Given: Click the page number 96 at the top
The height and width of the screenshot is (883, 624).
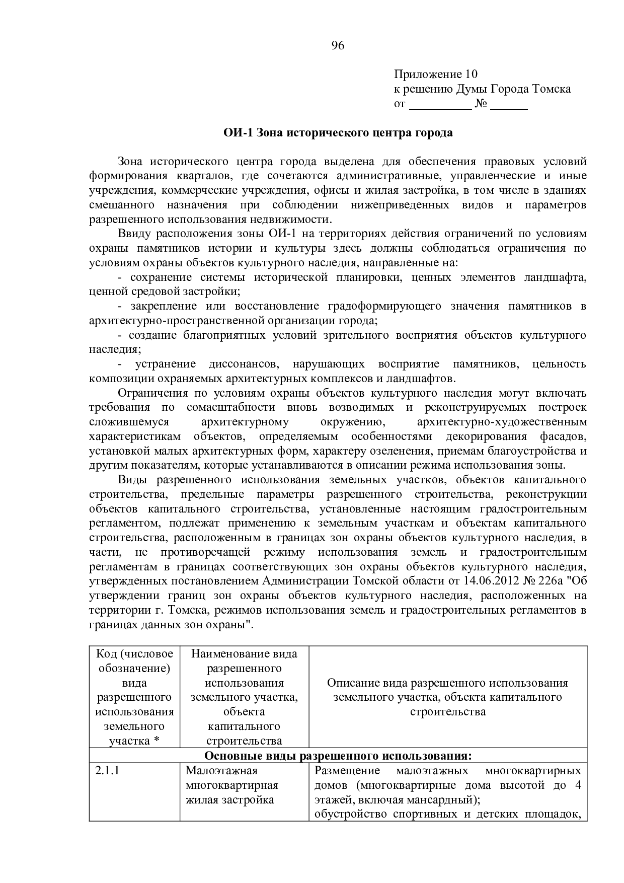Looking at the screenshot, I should point(338,46).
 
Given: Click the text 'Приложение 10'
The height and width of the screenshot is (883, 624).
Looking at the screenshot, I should point(435,75).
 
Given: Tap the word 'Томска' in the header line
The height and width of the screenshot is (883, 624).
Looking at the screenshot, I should point(552,89).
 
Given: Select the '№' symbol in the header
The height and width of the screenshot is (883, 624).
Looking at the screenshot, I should point(481,104).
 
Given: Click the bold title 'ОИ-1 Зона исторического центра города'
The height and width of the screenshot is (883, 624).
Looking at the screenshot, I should point(338,133).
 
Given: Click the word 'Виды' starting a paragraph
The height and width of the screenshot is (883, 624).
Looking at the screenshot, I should point(130,480).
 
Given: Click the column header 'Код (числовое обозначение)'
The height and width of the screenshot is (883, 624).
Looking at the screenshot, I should point(134,661).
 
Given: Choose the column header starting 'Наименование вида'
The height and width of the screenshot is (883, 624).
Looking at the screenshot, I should point(244,654).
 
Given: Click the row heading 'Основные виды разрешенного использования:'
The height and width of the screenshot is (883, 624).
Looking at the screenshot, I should point(338,756).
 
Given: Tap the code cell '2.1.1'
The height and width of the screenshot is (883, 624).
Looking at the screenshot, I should point(107,771).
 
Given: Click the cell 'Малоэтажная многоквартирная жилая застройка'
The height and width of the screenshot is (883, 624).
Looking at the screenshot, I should point(231,785).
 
